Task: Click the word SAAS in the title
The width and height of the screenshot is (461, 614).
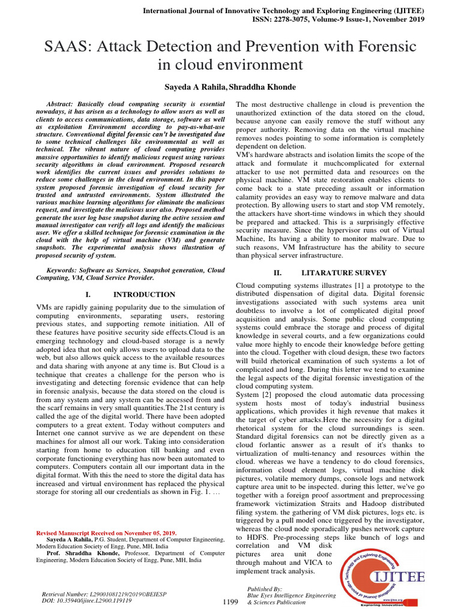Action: pyautogui.click(x=65, y=46)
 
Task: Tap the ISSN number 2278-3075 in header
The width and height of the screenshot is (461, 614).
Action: pyautogui.click(x=305, y=19)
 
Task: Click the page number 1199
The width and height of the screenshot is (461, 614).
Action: pyautogui.click(x=231, y=601)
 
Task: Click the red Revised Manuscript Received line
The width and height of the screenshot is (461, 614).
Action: pyautogui.click(x=106, y=532)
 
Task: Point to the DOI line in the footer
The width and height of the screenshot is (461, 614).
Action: pyautogui.click(x=86, y=600)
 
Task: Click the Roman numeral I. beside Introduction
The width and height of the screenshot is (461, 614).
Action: pyautogui.click(x=88, y=294)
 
